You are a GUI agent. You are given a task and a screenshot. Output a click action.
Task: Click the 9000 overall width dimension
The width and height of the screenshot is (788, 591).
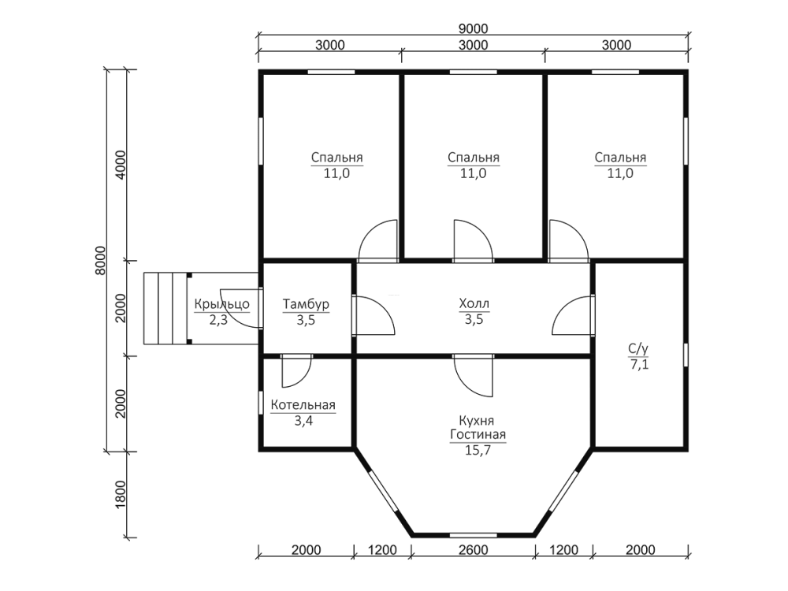[x=473, y=28]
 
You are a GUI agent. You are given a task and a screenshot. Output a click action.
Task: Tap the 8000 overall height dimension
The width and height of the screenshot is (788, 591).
[x=101, y=260]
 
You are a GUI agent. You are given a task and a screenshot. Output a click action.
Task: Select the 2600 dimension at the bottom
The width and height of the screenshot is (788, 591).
[x=473, y=550]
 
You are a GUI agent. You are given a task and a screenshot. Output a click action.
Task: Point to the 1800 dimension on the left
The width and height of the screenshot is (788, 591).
[x=121, y=495]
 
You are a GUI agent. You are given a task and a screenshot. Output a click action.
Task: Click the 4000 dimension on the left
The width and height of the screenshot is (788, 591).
[x=121, y=165]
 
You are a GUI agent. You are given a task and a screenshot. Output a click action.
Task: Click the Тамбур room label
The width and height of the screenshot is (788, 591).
[x=306, y=304]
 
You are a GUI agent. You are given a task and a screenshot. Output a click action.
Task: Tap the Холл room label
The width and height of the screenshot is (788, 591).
[x=474, y=303]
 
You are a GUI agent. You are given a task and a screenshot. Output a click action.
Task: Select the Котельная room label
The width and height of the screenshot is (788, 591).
[x=303, y=405]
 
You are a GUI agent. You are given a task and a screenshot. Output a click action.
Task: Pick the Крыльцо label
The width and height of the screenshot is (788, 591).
[x=221, y=304]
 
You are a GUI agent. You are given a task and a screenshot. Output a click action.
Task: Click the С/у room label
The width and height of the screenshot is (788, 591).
[x=638, y=348]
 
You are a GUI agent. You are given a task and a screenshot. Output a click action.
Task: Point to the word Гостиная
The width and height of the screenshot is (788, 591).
[x=478, y=435]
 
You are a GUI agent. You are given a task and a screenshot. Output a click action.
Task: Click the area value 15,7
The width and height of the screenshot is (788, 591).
[x=478, y=450]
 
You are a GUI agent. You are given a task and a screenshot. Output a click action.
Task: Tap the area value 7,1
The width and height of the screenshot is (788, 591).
[x=639, y=364]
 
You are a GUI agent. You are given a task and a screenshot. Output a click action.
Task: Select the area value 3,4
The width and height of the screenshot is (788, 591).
[x=303, y=421]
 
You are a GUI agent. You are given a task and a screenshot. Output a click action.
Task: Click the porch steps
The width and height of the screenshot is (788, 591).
[x=165, y=308]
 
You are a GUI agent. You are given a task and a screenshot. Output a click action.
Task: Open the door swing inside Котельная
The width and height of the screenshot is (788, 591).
[x=296, y=371]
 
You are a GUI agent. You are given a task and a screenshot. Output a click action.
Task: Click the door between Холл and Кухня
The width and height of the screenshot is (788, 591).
[x=473, y=375]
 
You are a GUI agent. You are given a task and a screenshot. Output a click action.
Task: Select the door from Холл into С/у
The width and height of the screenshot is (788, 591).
[x=574, y=315]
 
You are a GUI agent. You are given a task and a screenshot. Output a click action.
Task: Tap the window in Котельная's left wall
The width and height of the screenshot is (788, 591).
[x=261, y=403]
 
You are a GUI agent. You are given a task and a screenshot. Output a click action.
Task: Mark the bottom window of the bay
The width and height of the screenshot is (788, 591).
[x=473, y=535]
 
